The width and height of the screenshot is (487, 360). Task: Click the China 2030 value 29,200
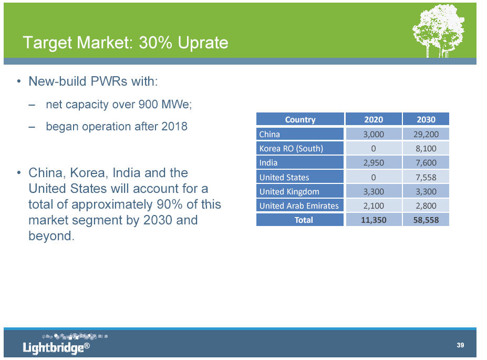click(426, 134)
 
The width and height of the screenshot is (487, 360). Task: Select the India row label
click(268, 163)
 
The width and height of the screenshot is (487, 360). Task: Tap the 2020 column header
click(374, 120)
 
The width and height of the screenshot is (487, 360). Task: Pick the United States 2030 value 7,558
click(426, 177)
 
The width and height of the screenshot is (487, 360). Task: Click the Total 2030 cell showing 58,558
click(426, 220)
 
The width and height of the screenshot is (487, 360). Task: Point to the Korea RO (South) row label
click(291, 149)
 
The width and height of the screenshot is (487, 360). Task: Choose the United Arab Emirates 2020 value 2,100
click(374, 205)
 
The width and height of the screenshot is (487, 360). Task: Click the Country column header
click(300, 120)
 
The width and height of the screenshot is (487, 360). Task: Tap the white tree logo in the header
click(439, 30)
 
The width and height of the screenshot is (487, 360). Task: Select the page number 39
click(460, 345)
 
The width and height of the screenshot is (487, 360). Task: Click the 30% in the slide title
click(156, 43)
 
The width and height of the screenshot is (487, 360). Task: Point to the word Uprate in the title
click(203, 43)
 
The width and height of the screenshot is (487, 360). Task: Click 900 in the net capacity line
click(148, 105)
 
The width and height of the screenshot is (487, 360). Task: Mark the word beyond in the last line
click(51, 236)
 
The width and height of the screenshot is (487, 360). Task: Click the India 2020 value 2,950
click(374, 163)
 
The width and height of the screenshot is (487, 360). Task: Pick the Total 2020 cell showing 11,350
click(374, 220)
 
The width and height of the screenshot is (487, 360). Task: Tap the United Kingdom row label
click(289, 192)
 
